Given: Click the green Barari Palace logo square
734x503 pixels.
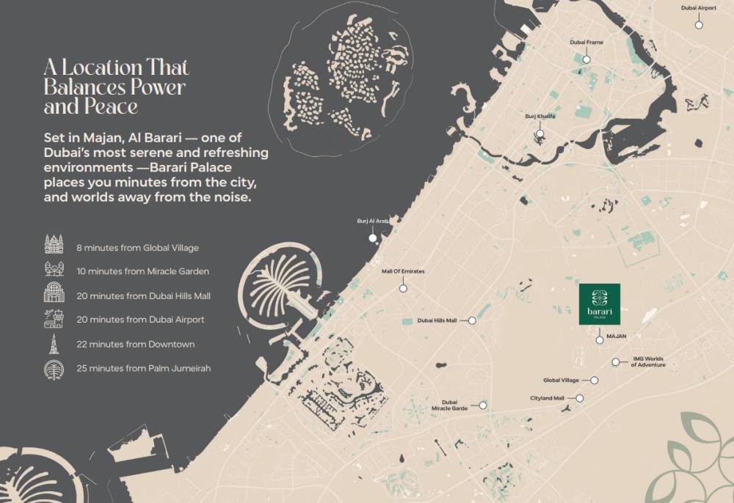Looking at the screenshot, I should (599, 304).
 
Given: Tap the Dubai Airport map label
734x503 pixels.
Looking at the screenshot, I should (698, 8).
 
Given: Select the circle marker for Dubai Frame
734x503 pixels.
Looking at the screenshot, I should (586, 59).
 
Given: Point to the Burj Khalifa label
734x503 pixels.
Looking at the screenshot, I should (539, 117).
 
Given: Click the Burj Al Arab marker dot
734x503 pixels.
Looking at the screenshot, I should (372, 238).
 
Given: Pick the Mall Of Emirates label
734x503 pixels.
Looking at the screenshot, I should (403, 271).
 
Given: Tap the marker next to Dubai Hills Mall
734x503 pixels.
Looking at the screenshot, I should (472, 320).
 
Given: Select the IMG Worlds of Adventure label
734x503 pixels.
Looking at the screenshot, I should (648, 361).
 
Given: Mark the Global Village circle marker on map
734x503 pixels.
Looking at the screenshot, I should (595, 381).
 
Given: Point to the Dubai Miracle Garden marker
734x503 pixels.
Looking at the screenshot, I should (483, 405).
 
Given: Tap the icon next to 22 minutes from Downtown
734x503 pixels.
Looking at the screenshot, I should (54, 344).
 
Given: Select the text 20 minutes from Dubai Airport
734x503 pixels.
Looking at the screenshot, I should (140, 320).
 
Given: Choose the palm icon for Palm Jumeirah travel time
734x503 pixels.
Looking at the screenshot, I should (54, 368).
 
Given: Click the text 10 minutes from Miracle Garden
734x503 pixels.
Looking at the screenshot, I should (142, 271).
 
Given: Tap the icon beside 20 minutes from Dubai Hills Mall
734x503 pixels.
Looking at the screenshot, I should (54, 295).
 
